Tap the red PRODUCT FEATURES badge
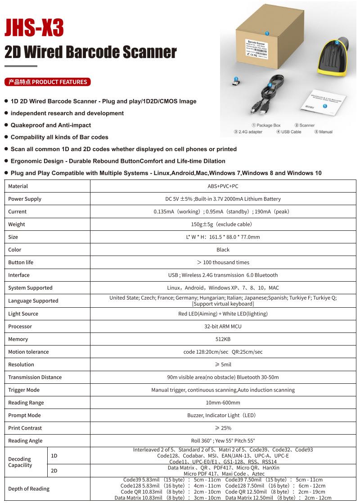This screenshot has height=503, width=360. coord(48,82)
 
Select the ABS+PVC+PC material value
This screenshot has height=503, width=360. coord(223,186)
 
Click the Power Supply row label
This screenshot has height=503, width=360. coord(25,199)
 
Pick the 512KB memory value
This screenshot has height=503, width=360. coord(223,339)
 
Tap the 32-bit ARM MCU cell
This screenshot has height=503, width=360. coord(223,327)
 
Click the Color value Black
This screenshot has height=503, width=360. coord(223,250)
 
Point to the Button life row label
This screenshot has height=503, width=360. coord(21,262)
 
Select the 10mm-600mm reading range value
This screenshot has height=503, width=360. coord(223,403)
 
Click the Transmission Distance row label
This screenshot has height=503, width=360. coord(35,377)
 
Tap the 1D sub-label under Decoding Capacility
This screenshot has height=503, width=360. coord(54,456)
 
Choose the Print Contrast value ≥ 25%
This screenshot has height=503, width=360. coord(223,428)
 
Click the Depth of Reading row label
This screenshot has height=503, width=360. coord(29,489)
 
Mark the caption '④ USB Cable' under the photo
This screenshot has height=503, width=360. coord(288,132)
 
